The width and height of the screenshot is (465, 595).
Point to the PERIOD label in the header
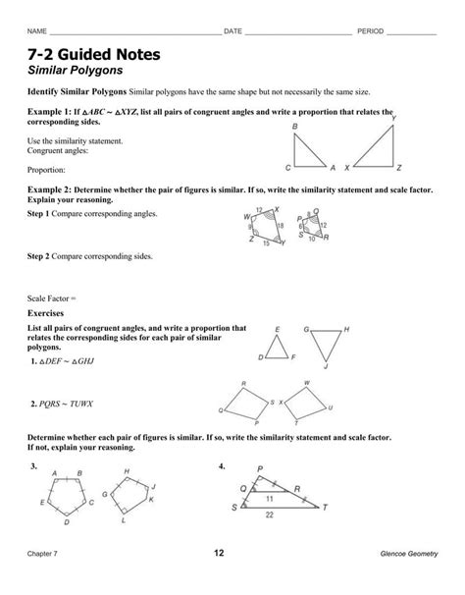click(369, 31)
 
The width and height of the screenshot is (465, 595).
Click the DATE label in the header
click(232, 31)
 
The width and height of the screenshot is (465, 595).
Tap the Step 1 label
click(45, 213)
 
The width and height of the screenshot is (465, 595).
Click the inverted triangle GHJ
click(325, 345)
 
